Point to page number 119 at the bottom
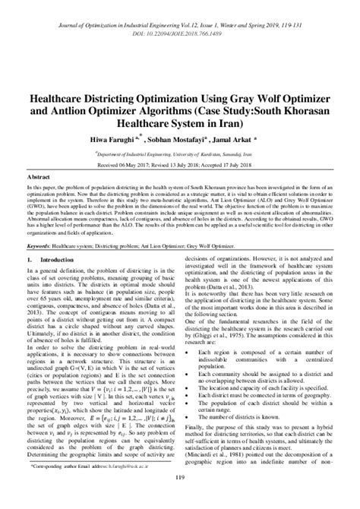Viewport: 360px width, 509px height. tap(180, 498)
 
